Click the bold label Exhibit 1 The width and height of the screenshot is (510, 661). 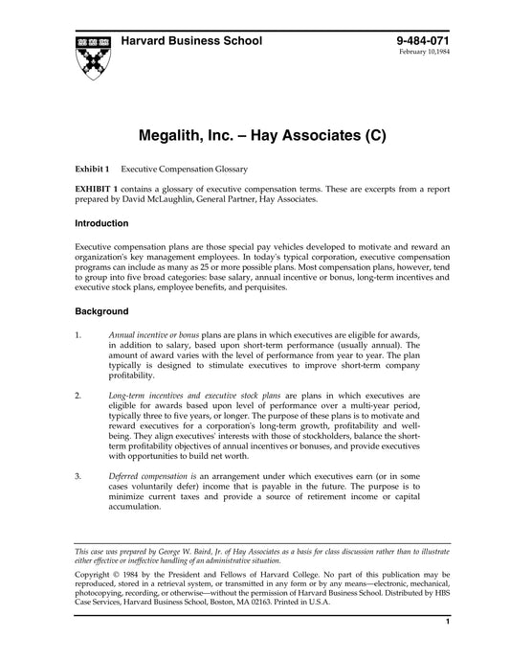[x=93, y=169]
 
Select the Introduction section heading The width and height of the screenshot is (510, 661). [x=101, y=223]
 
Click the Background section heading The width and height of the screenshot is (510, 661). [x=100, y=312]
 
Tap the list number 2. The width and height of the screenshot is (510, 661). [x=78, y=394]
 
